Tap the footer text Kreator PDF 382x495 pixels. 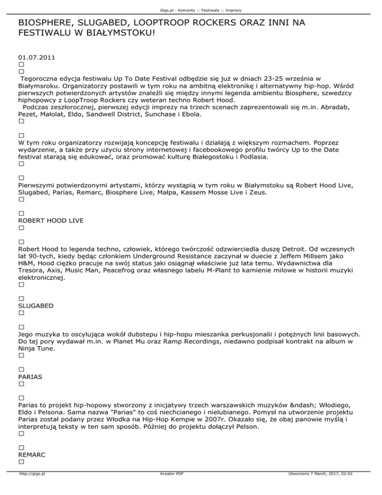(x=170, y=488)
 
